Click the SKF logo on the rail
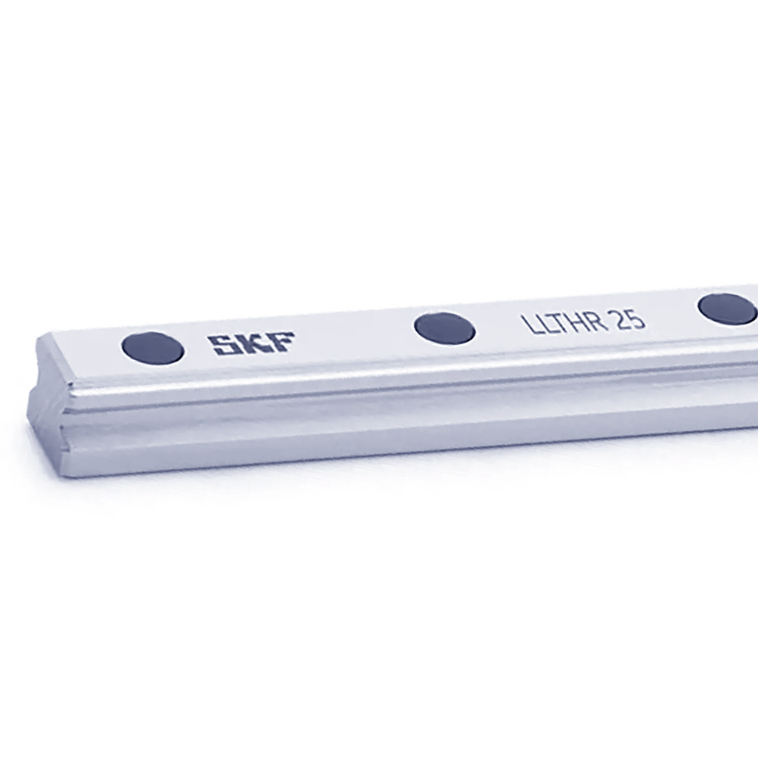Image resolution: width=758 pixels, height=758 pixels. (x=251, y=343)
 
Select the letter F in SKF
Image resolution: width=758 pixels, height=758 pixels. (x=281, y=341)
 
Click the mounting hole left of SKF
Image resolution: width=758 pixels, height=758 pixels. (x=154, y=348)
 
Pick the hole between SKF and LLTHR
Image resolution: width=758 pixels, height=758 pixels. (x=445, y=328)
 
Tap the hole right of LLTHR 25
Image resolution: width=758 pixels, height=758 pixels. (x=728, y=309)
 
